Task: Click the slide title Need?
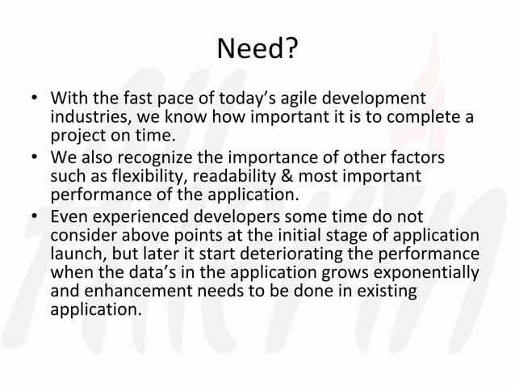pos(257,52)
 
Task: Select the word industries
pos(87,118)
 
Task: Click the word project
pos(76,136)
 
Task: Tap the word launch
pos(74,254)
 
